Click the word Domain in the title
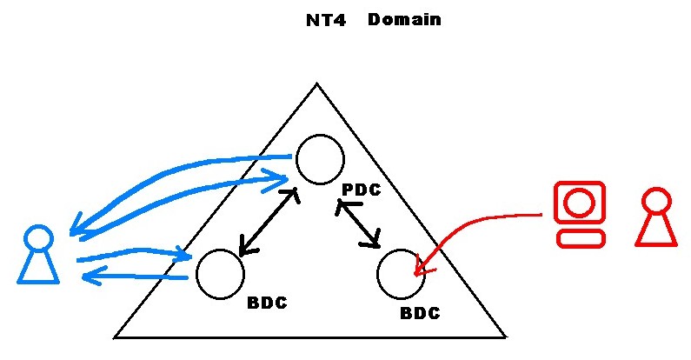pos(404,18)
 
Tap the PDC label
pos(362,190)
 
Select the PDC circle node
pos(320,159)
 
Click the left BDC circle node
pos(220,274)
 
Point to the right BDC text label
pos(420,312)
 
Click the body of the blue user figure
pos(38,267)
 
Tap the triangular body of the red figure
pos(655,230)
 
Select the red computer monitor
pos(578,203)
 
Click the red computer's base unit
pos(579,239)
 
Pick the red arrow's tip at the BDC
pos(417,273)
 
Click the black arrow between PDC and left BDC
pos(268,223)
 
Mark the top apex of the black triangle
pos(316,84)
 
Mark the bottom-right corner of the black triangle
pos(503,335)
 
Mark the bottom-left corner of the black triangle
pos(116,336)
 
